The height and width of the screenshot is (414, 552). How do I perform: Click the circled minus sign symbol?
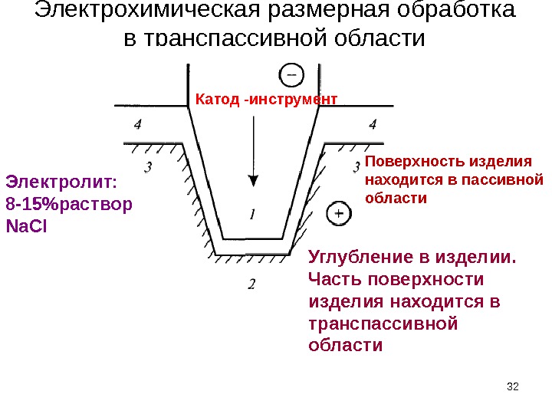point(291,74)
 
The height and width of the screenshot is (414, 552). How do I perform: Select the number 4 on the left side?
point(137,123)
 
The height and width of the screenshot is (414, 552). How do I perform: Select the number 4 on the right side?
point(373,123)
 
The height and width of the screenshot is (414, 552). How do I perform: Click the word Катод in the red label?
point(218,99)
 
